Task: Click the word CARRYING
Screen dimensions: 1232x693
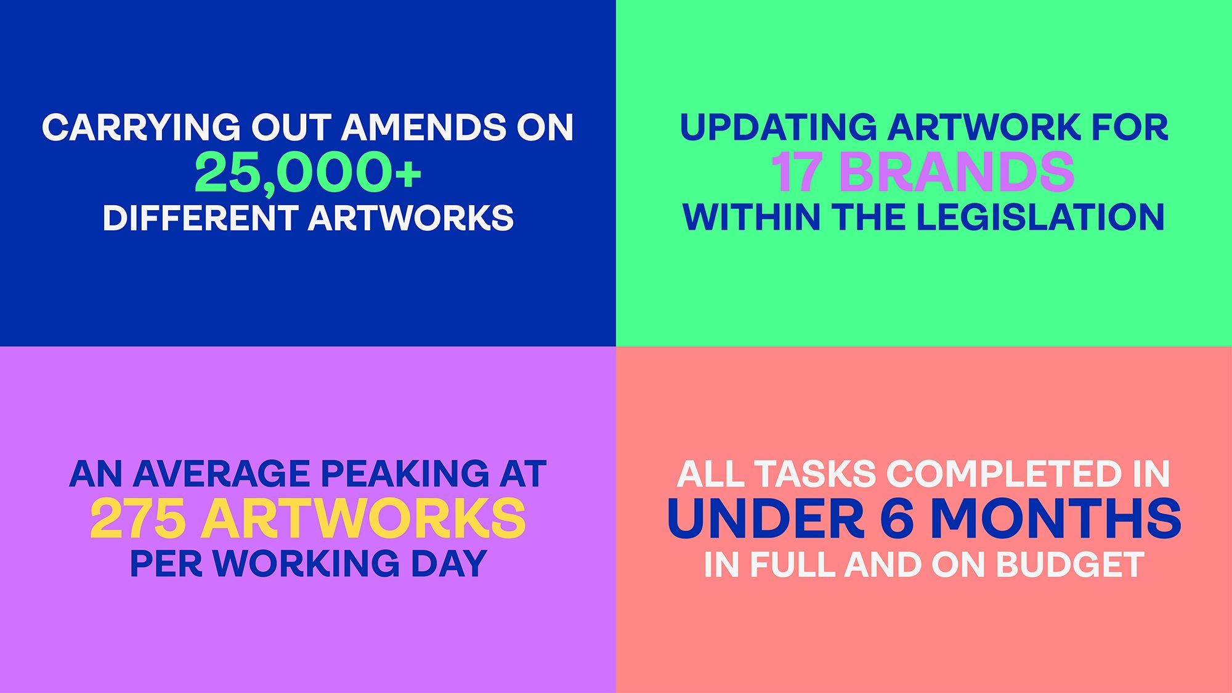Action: (141, 127)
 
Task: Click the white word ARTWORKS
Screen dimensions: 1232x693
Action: (411, 218)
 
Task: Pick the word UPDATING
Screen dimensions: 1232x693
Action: (778, 127)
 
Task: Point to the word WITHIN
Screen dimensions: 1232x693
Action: (752, 217)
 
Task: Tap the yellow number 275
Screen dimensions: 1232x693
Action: (139, 519)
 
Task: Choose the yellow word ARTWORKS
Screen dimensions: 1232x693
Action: (363, 519)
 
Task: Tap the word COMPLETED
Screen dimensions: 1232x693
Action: (993, 474)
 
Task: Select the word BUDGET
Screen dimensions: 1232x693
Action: (1070, 564)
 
